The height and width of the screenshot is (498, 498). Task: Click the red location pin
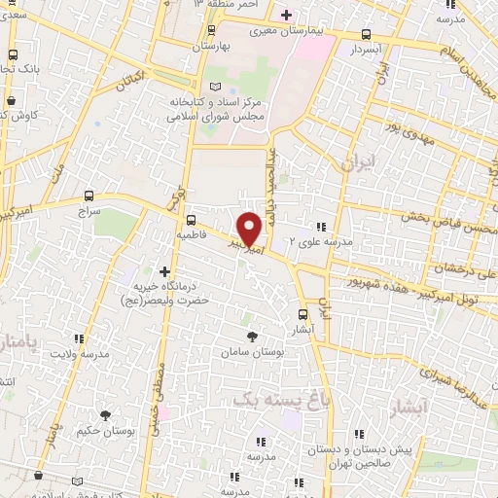click(250, 228)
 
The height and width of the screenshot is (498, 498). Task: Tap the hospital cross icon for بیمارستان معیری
click(285, 15)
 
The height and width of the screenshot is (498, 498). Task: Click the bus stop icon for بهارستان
click(201, 30)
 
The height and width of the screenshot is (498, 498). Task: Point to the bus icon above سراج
click(89, 195)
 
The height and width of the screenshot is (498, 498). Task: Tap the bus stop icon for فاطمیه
click(192, 219)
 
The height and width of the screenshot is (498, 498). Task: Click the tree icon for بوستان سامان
click(253, 336)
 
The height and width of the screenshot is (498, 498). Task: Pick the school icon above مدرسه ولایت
click(79, 338)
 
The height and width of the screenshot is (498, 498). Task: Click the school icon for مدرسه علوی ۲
click(321, 227)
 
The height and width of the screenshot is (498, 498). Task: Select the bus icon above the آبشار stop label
click(302, 314)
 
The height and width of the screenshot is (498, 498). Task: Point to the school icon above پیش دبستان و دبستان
click(358, 435)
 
